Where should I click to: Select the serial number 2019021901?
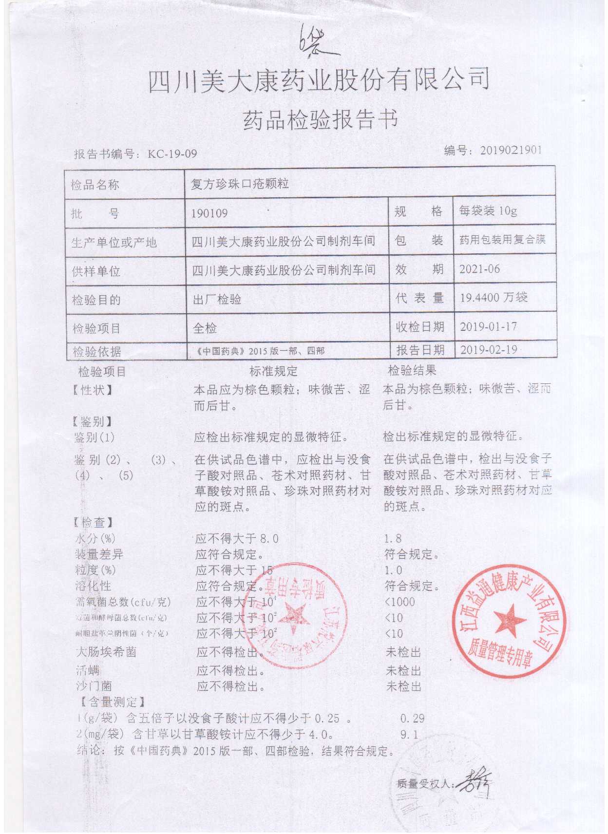(511, 151)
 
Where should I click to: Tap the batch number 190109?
(209, 213)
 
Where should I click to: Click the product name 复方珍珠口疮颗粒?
(240, 184)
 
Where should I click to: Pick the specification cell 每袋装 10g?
(488, 211)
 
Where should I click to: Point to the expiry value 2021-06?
(480, 269)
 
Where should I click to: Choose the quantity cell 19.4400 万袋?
(494, 297)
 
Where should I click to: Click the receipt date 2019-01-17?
(488, 326)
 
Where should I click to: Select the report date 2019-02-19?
(488, 350)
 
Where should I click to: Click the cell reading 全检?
(205, 328)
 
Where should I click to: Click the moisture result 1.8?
(393, 538)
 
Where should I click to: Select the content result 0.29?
(412, 718)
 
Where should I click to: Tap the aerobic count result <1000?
(400, 602)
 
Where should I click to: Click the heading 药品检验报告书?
(320, 120)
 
